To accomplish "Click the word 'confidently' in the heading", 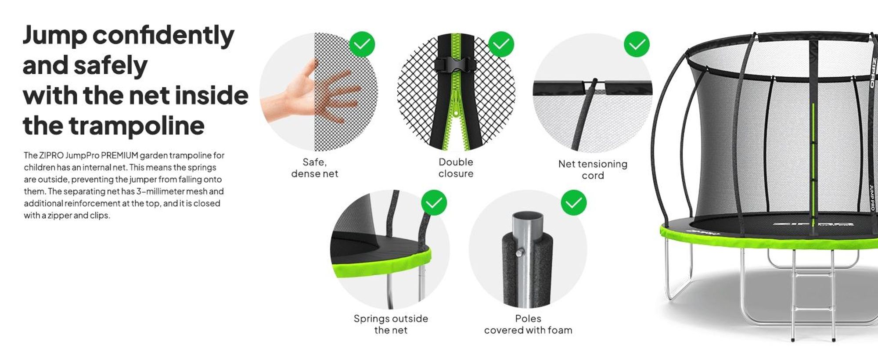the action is point(163,35).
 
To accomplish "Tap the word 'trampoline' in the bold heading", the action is point(136,126).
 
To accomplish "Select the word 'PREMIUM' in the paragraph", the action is point(119,155).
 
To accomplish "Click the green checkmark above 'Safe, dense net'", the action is point(362,44).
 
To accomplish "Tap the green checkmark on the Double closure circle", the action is point(501,44).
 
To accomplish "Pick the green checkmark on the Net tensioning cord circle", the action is point(637,44).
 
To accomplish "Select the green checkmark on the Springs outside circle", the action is point(434,202).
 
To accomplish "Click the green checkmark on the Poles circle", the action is point(573,202).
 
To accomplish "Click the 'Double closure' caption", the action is point(456,168).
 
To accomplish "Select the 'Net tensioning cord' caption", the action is point(593,169).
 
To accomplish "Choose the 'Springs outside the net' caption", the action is point(391,324).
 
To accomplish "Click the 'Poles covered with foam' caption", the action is point(528,324).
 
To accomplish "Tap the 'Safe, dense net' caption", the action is point(315,168).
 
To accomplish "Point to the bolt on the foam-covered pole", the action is point(520,252).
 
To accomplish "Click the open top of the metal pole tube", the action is point(528,216).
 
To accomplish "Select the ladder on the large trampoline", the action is point(813,294).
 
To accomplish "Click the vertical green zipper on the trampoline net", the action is point(813,162).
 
